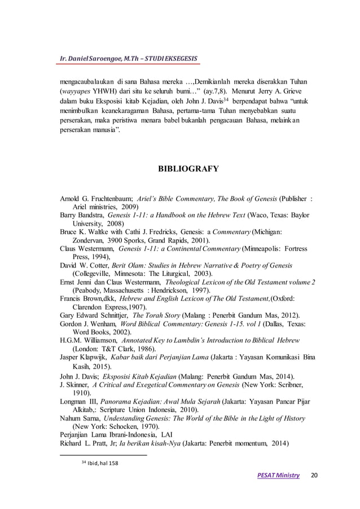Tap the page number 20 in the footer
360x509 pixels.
pyautogui.click(x=314, y=475)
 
